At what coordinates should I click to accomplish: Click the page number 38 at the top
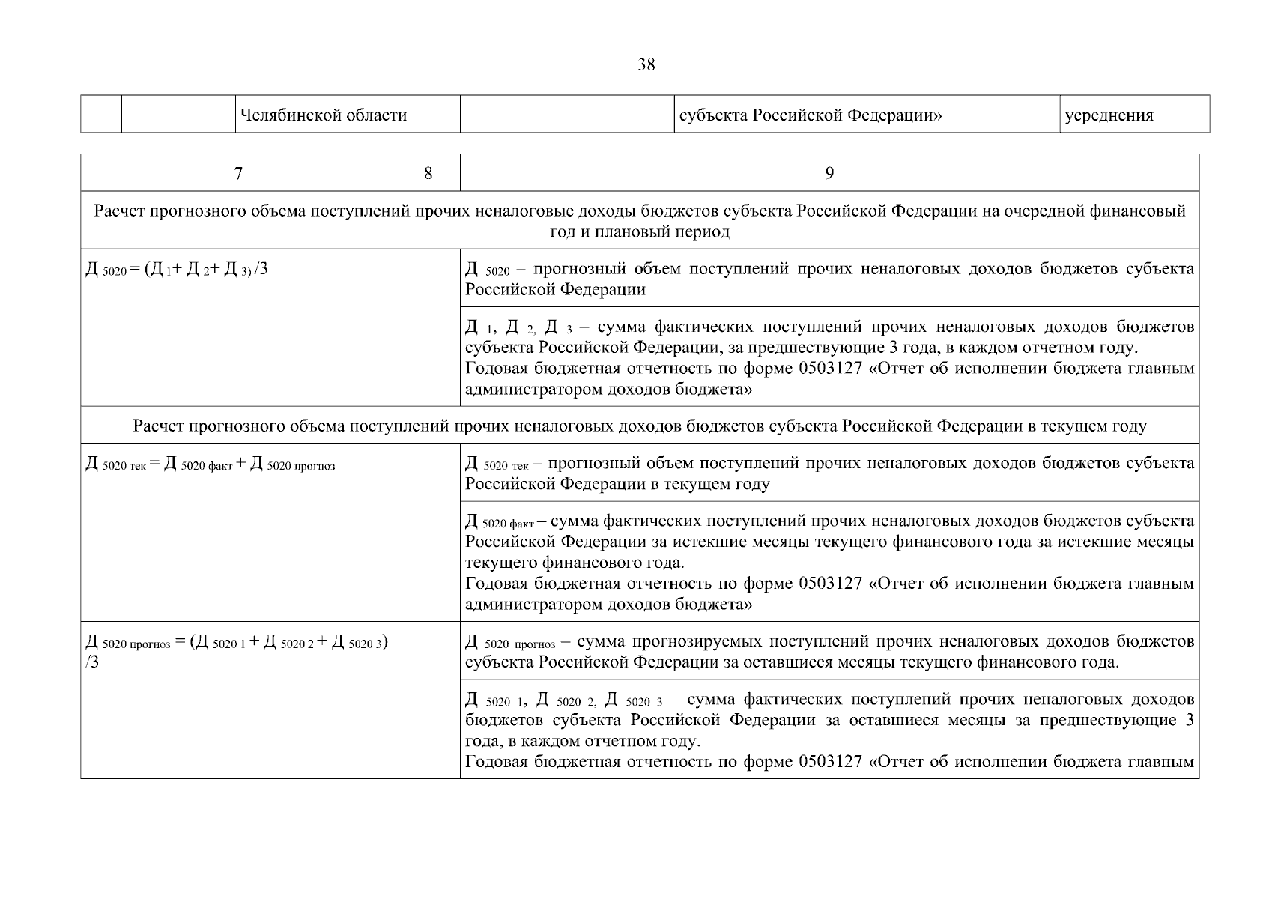[646, 65]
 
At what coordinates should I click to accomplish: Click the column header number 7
[238, 174]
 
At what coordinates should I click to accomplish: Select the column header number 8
[428, 174]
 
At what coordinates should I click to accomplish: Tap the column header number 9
[829, 174]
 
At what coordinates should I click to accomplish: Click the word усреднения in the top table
[1109, 115]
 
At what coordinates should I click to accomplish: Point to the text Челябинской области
[323, 115]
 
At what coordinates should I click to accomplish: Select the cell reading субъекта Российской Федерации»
[810, 115]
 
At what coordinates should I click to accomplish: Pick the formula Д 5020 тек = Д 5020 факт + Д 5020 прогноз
[211, 464]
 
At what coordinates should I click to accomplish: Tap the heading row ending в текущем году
[639, 426]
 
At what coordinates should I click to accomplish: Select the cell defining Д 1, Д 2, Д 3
[829, 358]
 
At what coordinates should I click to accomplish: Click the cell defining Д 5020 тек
[829, 473]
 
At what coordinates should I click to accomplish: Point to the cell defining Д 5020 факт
[829, 562]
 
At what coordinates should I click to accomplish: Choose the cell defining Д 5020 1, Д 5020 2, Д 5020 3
[829, 730]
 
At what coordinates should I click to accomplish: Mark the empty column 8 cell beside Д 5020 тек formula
[428, 532]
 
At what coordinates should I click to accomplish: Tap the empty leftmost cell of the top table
[101, 115]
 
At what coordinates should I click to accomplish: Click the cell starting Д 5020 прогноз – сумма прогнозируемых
[829, 652]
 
